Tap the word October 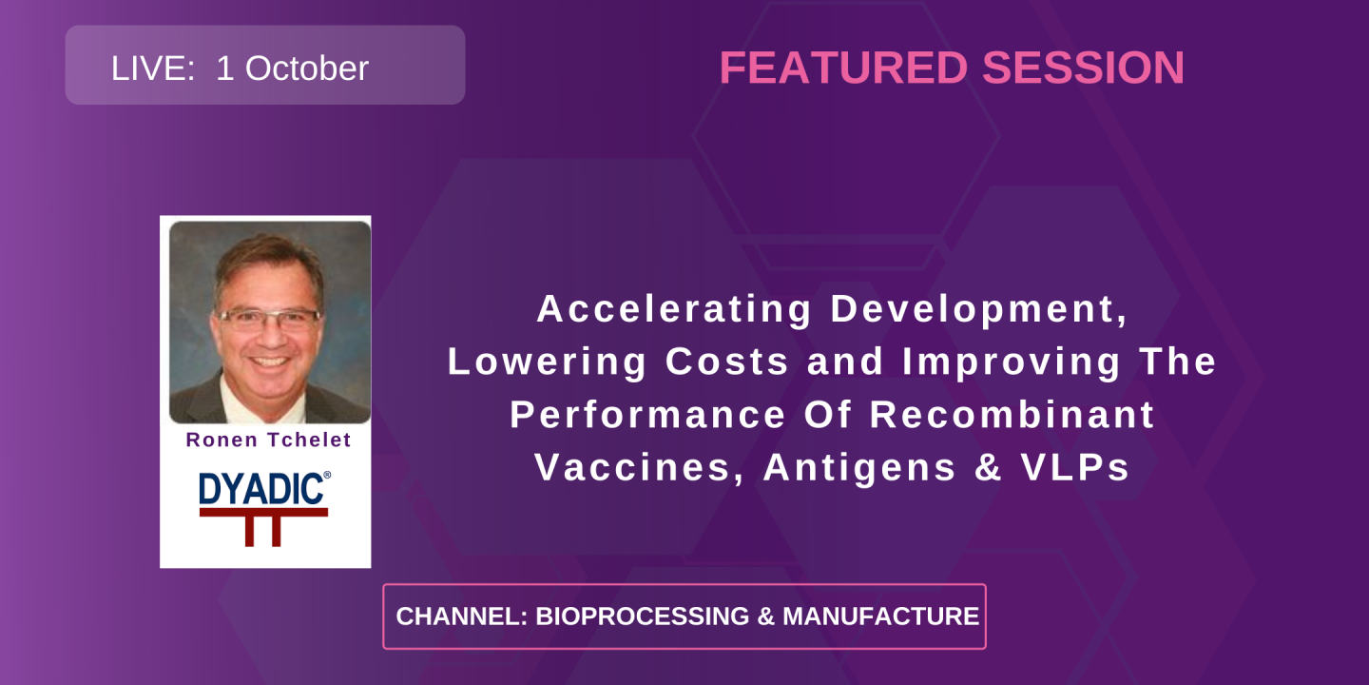click(305, 68)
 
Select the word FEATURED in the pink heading click(842, 68)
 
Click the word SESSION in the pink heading click(1083, 68)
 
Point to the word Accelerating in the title click(674, 309)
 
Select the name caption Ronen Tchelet click(268, 440)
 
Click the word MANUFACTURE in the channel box click(880, 616)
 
